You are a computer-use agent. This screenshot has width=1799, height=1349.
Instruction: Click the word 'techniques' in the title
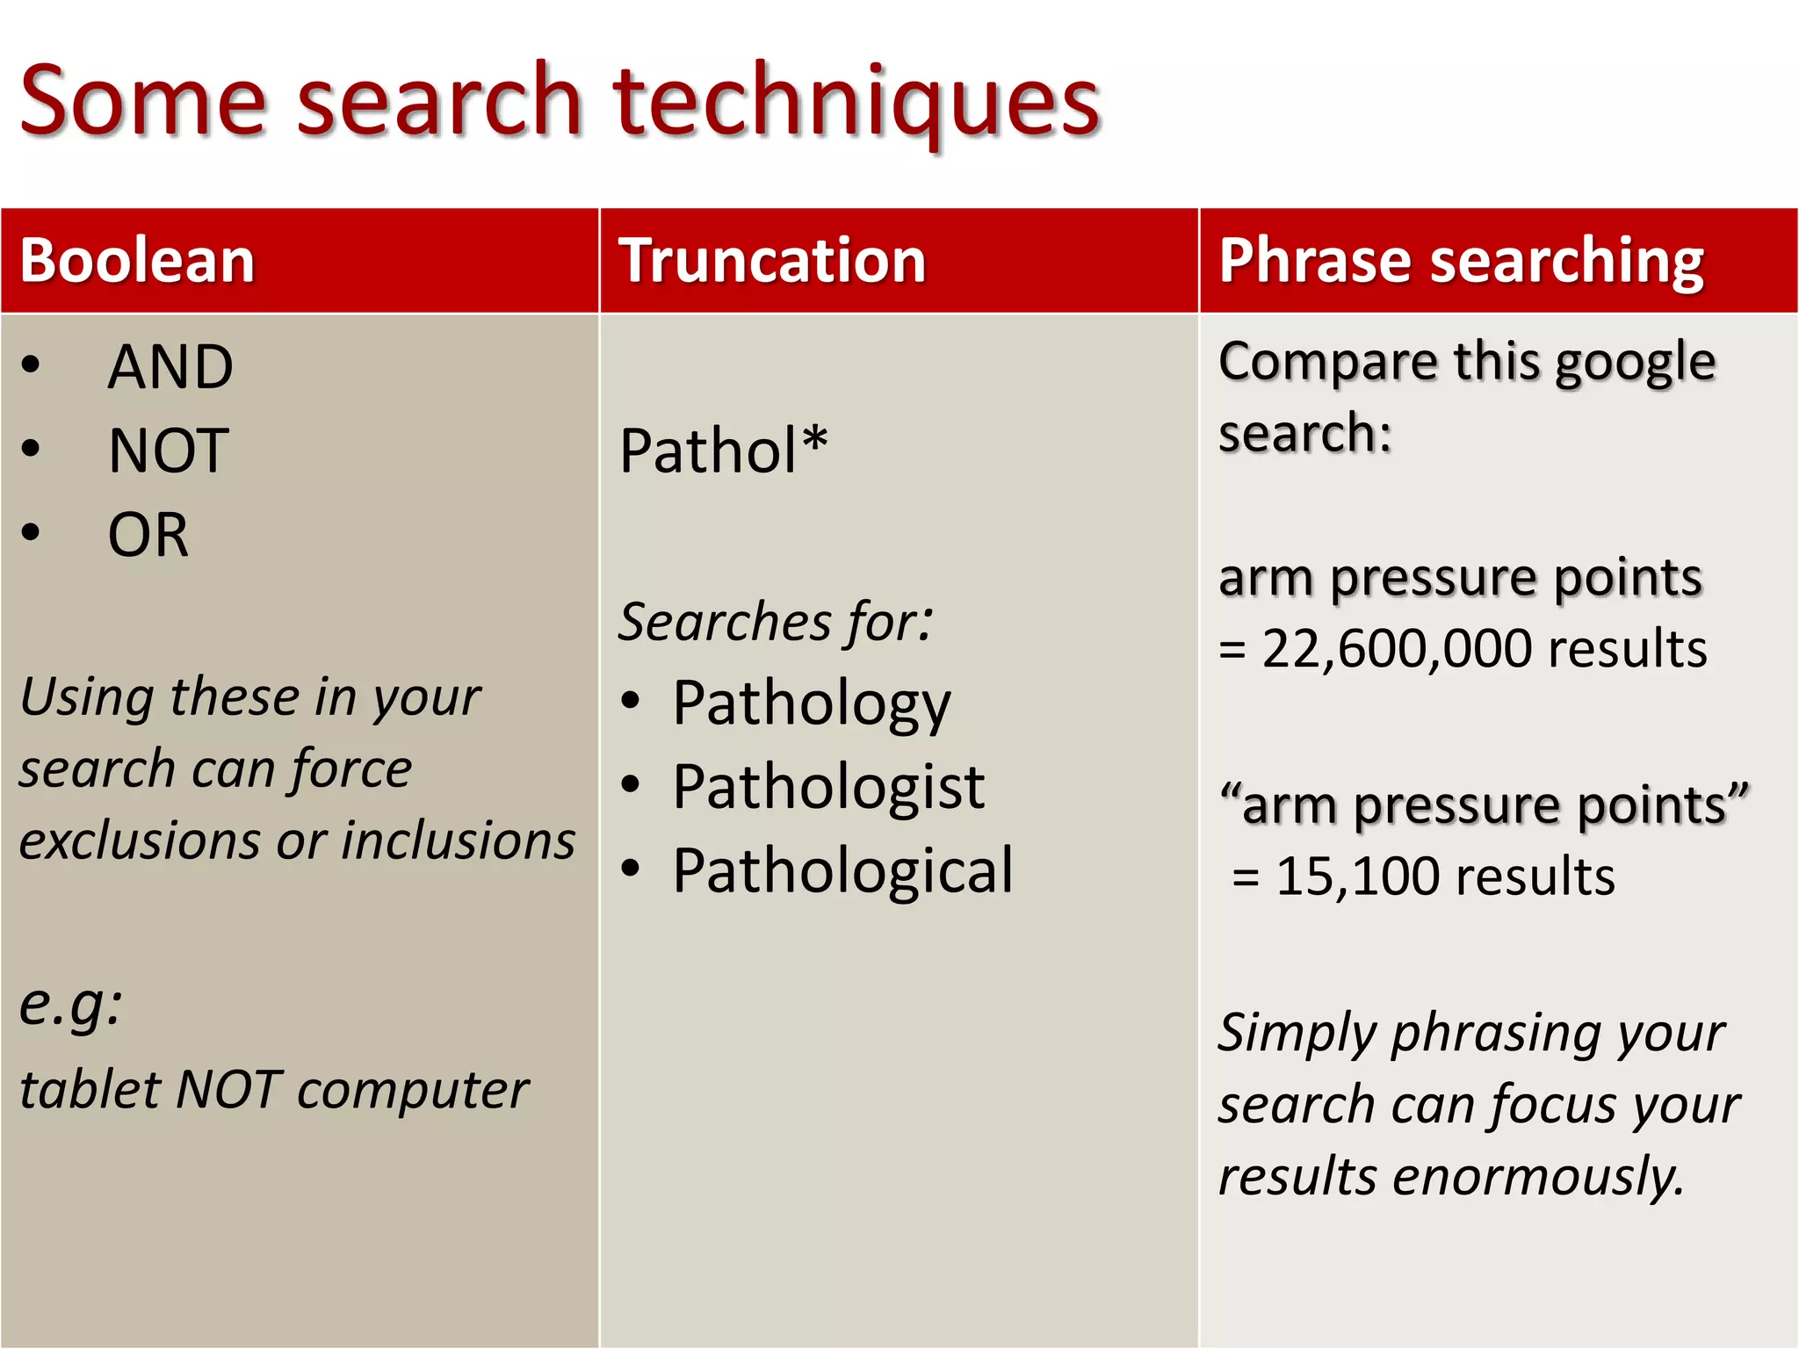click(x=856, y=103)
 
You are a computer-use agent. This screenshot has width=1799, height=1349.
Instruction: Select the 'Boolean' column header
click(x=138, y=261)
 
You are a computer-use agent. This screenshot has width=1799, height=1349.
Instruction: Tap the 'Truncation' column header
click(x=772, y=261)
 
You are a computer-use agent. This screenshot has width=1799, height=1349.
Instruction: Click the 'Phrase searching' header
click(x=1461, y=261)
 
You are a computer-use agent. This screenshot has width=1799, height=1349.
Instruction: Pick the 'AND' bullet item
click(x=170, y=366)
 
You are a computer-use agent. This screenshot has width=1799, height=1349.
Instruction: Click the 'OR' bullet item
click(x=148, y=535)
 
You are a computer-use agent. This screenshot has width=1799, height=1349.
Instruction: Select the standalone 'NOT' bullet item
click(x=169, y=451)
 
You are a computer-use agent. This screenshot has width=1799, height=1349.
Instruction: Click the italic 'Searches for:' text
click(x=775, y=622)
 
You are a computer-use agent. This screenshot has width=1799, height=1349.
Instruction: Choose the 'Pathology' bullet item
click(x=811, y=704)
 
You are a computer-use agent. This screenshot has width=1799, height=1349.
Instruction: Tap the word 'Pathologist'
click(x=827, y=787)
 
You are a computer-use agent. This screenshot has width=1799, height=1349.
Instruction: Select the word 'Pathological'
click(x=842, y=871)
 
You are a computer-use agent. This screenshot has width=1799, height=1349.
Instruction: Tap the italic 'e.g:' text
click(x=70, y=1003)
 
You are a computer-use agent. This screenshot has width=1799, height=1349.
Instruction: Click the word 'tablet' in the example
click(x=89, y=1090)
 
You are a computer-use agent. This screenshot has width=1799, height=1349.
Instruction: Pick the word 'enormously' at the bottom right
click(x=1538, y=1177)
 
